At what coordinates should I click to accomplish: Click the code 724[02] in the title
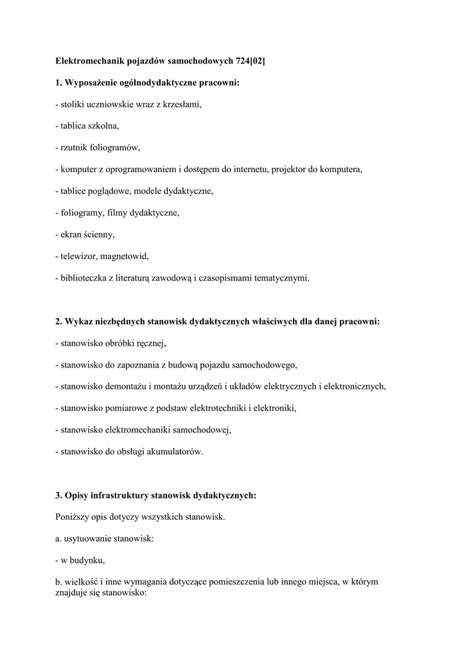point(250,60)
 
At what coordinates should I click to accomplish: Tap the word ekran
point(73,235)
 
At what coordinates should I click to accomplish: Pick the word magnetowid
point(127,256)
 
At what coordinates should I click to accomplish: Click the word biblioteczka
point(85,278)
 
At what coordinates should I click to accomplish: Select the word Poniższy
point(73,517)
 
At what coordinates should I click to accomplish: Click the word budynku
point(87,560)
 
